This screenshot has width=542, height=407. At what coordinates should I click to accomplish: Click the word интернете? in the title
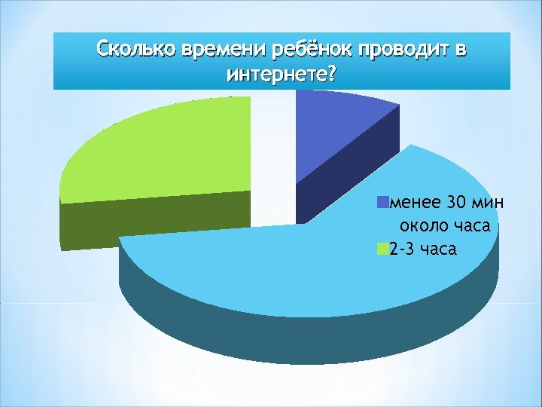281,75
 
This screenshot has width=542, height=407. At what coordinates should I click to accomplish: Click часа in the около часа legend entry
470,225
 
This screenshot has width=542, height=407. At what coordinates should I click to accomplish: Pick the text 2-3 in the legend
401,249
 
